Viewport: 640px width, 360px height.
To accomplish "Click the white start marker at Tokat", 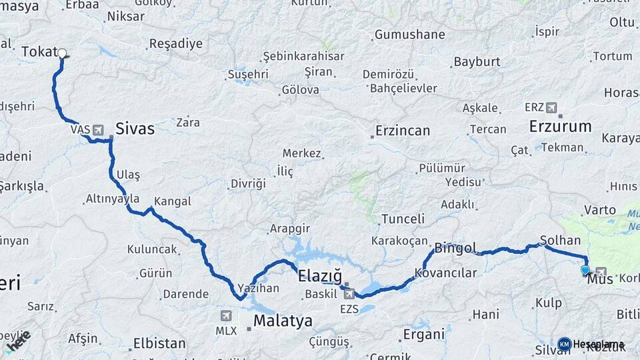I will coord(62,53).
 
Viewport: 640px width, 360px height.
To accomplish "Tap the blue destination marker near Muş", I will coord(585,270).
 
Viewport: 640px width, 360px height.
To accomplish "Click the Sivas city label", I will coord(135,129).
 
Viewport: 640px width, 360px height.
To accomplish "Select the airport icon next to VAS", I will coord(99,129).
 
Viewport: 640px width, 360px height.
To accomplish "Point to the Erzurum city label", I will coord(560,126).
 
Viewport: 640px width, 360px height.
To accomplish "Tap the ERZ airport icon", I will coord(551,107).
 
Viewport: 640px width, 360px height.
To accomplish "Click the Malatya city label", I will coord(283,321).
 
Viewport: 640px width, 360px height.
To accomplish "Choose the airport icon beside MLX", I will coord(226,315).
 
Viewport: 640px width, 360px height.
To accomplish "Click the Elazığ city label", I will coord(319,276).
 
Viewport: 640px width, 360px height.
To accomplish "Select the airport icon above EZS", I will coord(349,294).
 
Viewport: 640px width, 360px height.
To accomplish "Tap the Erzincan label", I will coord(403,131).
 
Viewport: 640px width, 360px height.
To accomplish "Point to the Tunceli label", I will coord(403,219).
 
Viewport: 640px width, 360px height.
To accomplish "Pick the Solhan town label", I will coord(560,240).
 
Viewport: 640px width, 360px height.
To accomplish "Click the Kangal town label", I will coord(172,201).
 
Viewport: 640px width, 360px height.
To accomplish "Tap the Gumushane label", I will coord(409,35).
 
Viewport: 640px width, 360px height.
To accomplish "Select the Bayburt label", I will coord(477,62).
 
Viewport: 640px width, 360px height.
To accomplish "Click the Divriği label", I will coord(248,183).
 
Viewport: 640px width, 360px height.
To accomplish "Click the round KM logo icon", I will coord(565,344).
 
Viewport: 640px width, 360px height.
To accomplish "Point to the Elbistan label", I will coord(159,344).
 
